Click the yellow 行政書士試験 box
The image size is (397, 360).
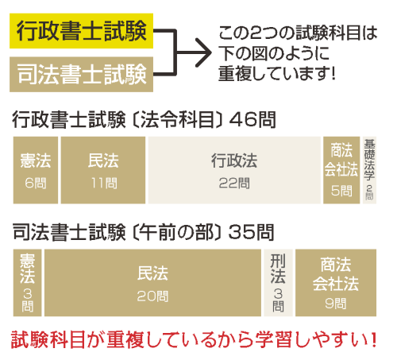click(x=81, y=31)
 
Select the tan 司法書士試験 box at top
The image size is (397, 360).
click(x=81, y=75)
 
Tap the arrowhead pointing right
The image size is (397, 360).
click(x=204, y=52)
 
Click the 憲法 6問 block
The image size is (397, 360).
click(x=36, y=170)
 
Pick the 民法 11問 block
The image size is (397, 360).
click(x=103, y=170)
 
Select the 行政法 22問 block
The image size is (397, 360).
click(x=234, y=170)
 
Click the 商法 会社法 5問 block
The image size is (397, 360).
click(x=341, y=170)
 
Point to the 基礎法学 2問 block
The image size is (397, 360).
click(x=369, y=170)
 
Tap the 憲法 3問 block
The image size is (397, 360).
click(x=27, y=283)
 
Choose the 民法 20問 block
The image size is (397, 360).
click(x=152, y=283)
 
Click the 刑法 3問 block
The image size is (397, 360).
click(x=278, y=283)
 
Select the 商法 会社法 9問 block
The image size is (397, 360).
click(x=336, y=283)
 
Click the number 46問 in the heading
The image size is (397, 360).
click(x=252, y=120)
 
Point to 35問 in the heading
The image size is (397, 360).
click(x=251, y=232)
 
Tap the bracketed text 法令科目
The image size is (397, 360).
click(x=177, y=120)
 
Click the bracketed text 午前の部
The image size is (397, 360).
click(x=176, y=232)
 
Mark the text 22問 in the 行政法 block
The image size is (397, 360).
click(x=234, y=183)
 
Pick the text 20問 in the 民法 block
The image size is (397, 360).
click(x=152, y=296)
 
